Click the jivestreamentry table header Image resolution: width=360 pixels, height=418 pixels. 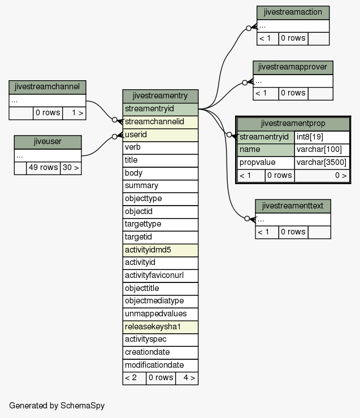click(x=161, y=96)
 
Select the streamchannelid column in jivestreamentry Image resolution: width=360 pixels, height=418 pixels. click(x=161, y=122)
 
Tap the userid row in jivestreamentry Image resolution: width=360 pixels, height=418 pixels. click(x=161, y=135)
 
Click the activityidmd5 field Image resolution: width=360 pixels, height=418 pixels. click(x=161, y=250)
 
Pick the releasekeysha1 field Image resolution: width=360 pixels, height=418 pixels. click(x=161, y=327)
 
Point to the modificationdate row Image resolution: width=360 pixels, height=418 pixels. click(x=161, y=365)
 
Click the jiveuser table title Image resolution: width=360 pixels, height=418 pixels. click(x=47, y=142)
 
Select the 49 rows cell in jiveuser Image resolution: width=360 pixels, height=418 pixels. click(x=43, y=168)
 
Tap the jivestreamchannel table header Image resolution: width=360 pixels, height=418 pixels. click(x=47, y=87)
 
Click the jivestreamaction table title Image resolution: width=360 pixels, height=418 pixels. click(x=293, y=12)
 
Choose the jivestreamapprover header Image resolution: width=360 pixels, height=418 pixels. click(x=293, y=67)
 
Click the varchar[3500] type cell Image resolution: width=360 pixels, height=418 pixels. click(x=322, y=163)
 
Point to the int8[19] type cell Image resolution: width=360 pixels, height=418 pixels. click(x=322, y=137)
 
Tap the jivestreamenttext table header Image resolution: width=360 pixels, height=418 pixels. click(x=293, y=206)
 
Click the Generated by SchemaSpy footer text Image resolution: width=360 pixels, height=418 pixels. click(x=57, y=406)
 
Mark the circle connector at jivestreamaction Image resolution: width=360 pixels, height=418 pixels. click(x=249, y=28)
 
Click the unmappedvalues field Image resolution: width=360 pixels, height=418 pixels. click(x=161, y=314)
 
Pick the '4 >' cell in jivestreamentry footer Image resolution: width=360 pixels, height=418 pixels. click(x=186, y=378)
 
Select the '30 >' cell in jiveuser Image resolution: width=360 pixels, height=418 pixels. click(x=71, y=168)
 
